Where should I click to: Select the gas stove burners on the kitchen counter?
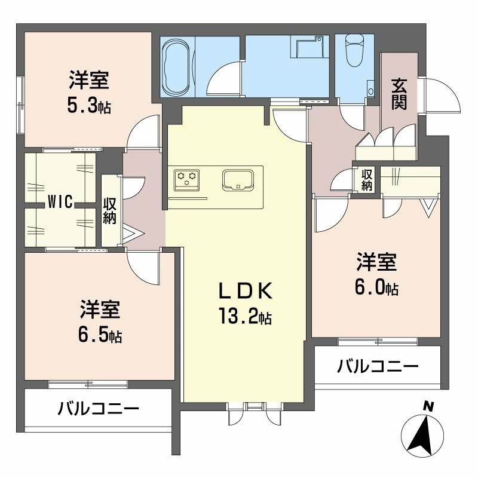click(186, 177)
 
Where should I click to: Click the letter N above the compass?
click(428, 406)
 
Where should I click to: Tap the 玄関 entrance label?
click(399, 94)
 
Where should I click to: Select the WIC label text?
click(60, 203)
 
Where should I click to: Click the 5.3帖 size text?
click(88, 106)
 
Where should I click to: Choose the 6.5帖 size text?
click(100, 335)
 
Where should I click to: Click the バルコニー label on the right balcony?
click(377, 366)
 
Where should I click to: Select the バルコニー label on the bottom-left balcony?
click(99, 409)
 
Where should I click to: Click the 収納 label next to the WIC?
click(110, 211)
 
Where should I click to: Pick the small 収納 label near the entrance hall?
click(367, 180)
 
